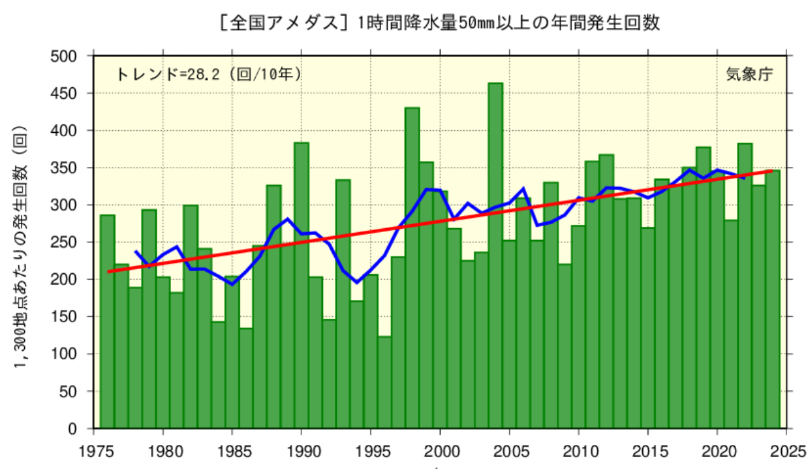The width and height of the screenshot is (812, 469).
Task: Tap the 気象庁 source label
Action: [x=749, y=74]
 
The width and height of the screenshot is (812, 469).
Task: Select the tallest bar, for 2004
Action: [x=495, y=255]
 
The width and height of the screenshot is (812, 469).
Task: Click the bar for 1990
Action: [x=301, y=285]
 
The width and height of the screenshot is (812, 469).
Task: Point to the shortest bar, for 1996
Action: [x=385, y=382]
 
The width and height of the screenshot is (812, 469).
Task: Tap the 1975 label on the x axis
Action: [x=93, y=449]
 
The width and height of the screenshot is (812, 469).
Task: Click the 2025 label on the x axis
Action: [x=787, y=449]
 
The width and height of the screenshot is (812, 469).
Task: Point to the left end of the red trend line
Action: [x=109, y=272]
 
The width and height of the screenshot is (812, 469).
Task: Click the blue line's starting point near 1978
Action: [x=136, y=252]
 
